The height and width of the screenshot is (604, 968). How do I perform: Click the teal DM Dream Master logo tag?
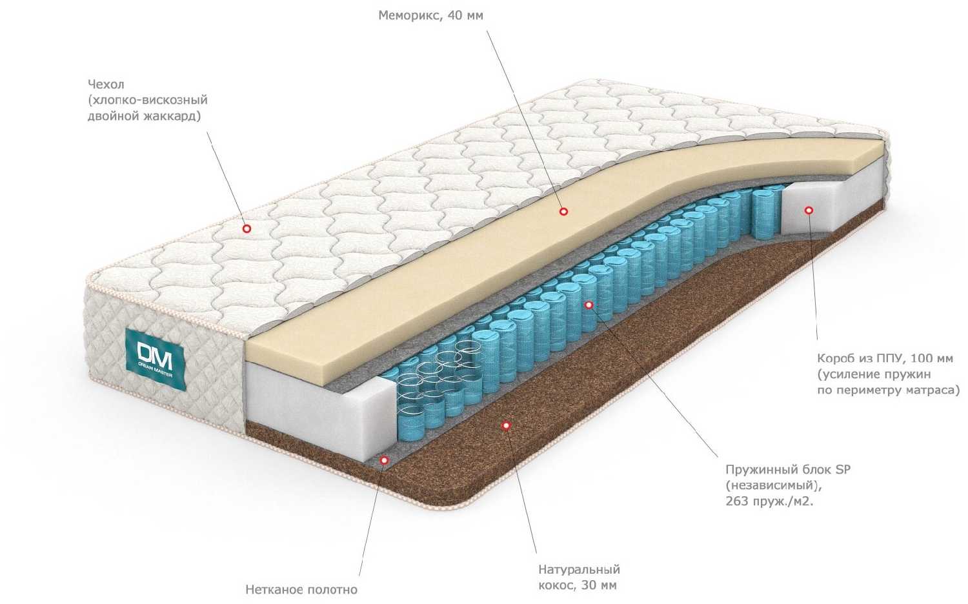155,359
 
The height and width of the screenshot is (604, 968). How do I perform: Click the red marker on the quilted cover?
246,228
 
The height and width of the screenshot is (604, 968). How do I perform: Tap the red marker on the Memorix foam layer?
563,211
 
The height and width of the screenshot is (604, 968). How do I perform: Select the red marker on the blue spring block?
588,304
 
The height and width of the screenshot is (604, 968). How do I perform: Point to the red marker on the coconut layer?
506,425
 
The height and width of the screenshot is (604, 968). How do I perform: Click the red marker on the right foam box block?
809,209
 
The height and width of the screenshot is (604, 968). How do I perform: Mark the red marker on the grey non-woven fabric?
384,460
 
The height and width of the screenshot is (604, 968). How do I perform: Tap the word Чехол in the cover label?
106,85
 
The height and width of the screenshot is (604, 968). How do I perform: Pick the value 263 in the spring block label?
736,501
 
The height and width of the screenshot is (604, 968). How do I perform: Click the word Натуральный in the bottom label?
579,570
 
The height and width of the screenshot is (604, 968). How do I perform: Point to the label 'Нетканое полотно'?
301,589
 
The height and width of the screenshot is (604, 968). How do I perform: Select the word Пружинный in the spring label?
760,469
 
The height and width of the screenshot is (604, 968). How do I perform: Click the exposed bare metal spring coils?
432,381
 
